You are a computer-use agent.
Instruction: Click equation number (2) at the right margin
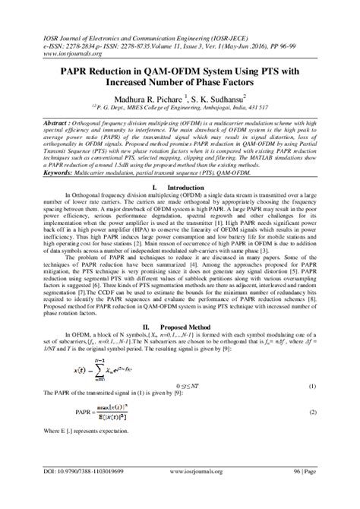311,413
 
